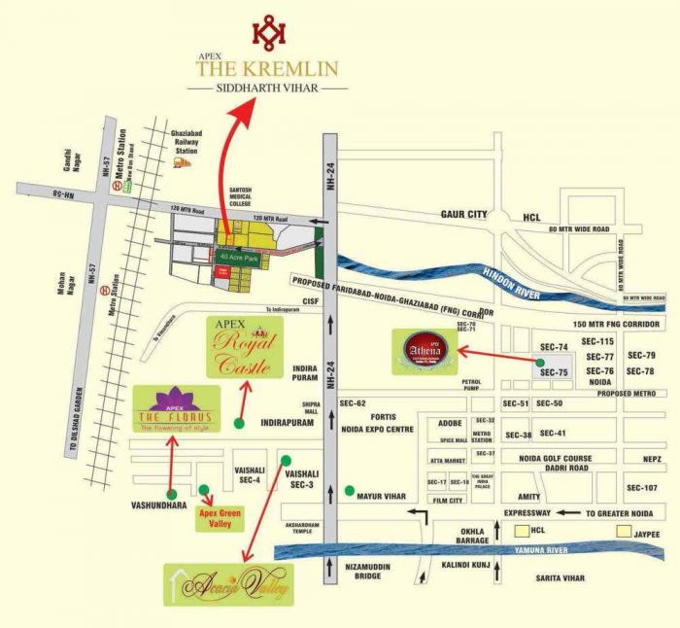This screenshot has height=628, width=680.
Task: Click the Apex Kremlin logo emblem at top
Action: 268,31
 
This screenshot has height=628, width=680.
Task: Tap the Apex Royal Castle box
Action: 245,346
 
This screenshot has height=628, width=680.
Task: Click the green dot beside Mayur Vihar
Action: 348,492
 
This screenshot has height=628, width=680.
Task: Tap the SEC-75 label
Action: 554,372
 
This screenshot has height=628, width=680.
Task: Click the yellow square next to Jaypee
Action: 623,533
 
